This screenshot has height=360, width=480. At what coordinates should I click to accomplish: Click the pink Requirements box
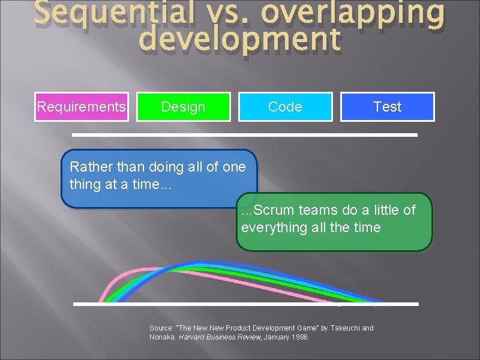click(x=82, y=107)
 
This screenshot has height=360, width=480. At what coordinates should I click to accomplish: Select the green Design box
click(x=183, y=107)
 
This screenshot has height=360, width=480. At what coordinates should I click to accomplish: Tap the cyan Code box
click(x=285, y=107)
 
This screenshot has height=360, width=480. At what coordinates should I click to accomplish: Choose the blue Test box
click(x=387, y=107)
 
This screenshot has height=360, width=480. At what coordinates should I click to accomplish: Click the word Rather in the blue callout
click(x=90, y=166)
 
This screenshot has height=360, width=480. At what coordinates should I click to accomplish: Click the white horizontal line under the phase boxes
click(x=245, y=135)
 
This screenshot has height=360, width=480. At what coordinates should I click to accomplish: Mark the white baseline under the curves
click(x=245, y=304)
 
